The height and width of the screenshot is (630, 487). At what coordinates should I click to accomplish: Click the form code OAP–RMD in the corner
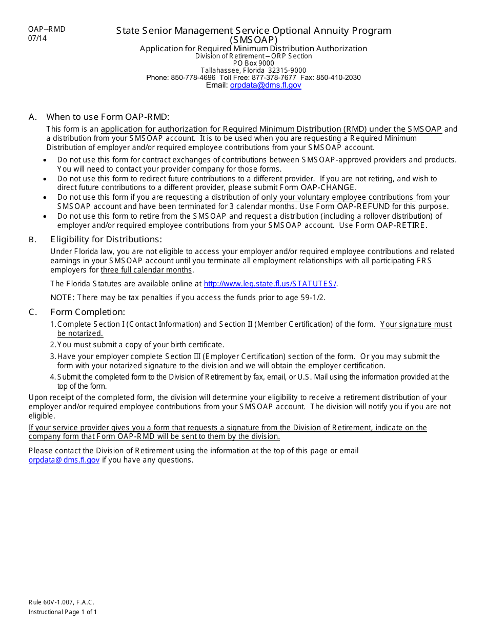click(47, 29)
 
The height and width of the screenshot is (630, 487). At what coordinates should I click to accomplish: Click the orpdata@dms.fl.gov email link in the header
click(266, 86)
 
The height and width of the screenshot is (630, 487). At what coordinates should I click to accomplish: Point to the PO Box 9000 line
click(253, 64)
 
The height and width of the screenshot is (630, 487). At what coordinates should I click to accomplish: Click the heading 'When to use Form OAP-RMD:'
click(108, 117)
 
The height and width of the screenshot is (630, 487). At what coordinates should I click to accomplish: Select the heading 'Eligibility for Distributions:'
click(106, 239)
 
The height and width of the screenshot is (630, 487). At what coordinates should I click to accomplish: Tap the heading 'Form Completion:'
click(88, 312)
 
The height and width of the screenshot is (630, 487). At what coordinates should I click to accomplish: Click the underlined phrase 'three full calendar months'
click(147, 270)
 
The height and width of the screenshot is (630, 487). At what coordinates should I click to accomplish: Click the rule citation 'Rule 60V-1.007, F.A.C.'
click(62, 603)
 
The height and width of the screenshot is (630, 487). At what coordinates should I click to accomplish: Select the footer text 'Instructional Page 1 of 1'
click(63, 612)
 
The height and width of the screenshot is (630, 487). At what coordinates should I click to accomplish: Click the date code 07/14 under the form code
click(37, 38)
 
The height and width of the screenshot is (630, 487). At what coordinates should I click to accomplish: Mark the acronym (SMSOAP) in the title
click(253, 40)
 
